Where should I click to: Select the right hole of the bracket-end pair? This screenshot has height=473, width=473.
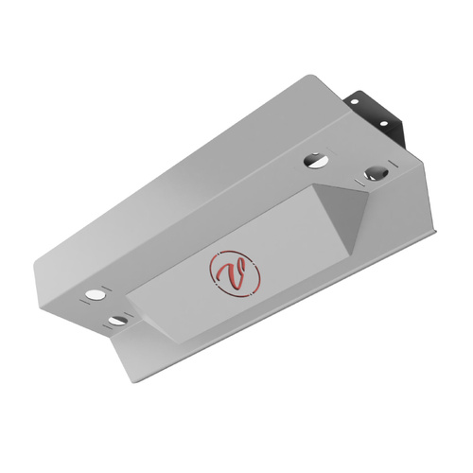tap(376, 173)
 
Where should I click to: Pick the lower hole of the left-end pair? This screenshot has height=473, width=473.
tap(116, 321)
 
